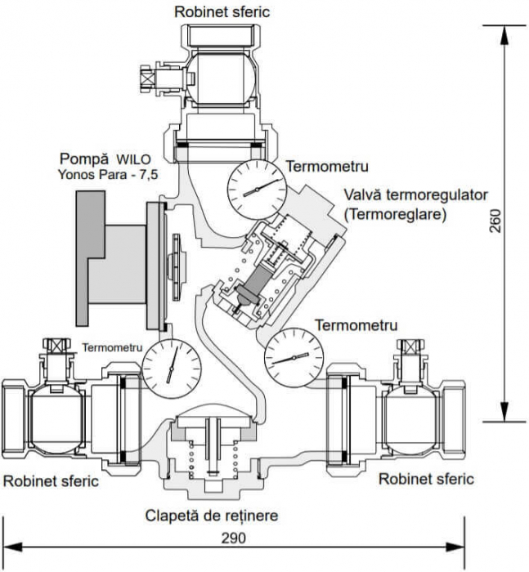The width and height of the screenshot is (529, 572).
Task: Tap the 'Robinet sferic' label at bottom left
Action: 51,480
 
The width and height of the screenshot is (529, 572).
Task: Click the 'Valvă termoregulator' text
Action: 416,196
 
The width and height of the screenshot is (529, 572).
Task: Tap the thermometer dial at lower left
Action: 171,362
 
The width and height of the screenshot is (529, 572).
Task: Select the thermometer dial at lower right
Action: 292,357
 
